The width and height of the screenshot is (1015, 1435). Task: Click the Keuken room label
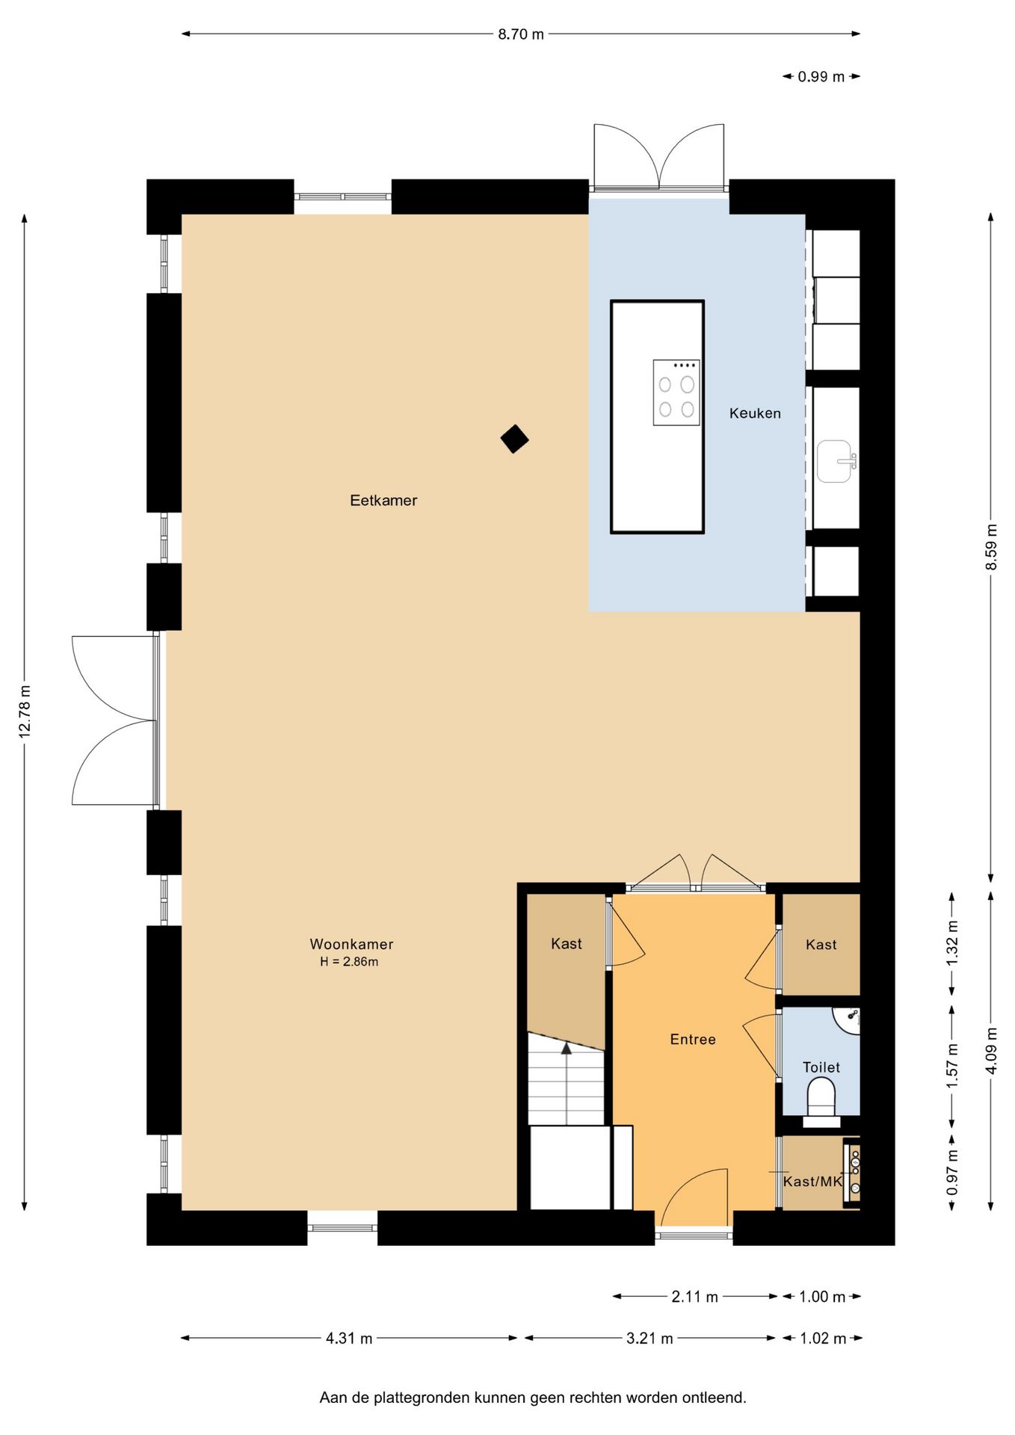755,413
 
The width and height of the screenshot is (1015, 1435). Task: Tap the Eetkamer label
383,501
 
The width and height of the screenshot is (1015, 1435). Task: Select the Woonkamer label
351,944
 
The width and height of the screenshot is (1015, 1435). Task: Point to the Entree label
693,1040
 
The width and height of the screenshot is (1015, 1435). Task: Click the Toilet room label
821,1067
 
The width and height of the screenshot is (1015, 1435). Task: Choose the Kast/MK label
812,1182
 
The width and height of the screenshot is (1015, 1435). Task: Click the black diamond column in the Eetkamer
514,439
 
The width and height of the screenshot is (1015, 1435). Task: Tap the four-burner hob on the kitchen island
676,392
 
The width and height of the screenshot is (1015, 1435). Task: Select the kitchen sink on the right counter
836,461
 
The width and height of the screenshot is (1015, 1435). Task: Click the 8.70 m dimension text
521,34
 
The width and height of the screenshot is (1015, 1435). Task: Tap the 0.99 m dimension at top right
821,76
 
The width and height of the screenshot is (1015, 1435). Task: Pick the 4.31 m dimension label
349,1339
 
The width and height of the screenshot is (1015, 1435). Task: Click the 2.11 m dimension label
694,1297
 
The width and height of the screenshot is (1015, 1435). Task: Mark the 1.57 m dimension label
952,1066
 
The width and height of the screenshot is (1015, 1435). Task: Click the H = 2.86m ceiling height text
349,962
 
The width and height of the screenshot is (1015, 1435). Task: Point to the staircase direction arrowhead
567,1049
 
